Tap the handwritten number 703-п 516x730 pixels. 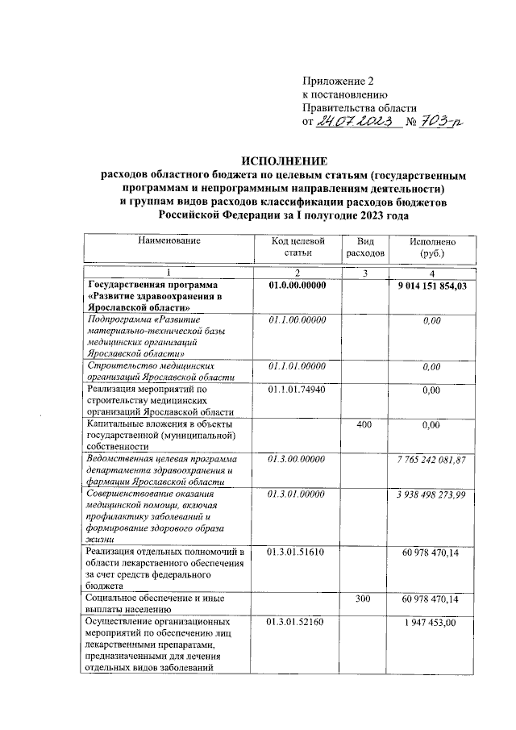442,121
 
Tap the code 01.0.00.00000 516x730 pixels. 298,286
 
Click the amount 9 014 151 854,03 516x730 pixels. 432,286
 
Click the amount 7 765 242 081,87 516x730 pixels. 432,459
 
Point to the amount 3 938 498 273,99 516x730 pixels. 432,494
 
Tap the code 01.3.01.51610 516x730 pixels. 298,553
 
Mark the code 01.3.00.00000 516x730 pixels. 298,459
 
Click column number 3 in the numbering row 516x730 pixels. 365,273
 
